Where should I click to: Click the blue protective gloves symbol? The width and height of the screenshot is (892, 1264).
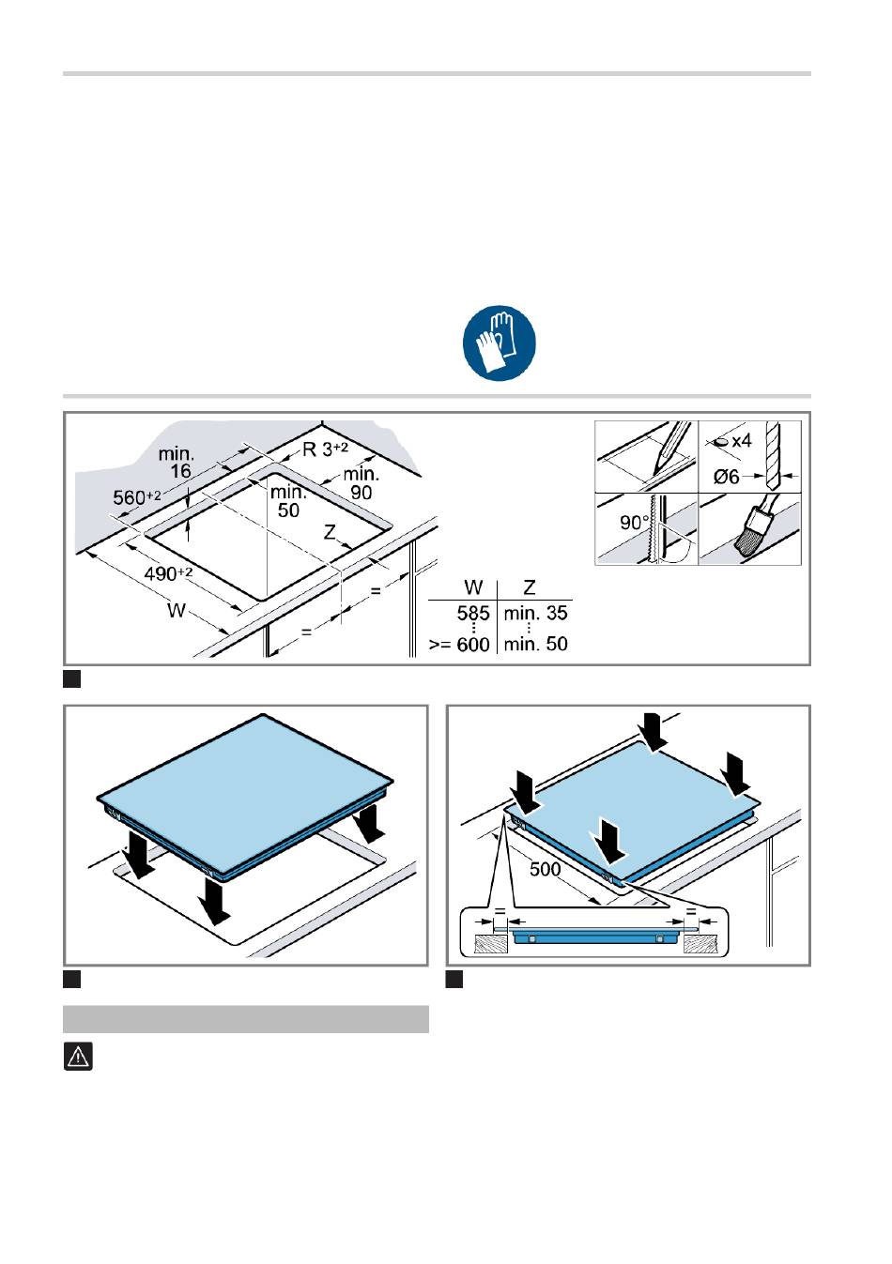500,343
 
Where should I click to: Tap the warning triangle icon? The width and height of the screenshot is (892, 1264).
78,1057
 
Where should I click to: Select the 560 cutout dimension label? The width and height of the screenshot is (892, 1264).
137,497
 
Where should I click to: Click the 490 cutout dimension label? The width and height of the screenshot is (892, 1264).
168,574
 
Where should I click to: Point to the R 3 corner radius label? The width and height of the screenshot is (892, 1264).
325,449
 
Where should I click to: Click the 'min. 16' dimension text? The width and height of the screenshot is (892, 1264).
177,462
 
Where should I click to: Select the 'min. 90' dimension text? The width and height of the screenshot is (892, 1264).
361,483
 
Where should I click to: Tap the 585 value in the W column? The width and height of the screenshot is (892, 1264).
473,614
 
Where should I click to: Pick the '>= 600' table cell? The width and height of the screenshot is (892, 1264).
459,645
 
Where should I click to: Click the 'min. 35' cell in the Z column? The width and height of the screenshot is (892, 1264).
535,614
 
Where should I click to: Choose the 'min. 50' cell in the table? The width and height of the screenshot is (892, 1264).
535,645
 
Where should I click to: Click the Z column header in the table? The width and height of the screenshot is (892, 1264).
529,588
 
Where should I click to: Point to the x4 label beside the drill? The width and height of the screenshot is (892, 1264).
742,441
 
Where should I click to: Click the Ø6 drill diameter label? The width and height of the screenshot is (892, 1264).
727,477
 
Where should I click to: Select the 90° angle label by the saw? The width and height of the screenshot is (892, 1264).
634,522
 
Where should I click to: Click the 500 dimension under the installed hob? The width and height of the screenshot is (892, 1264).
546,869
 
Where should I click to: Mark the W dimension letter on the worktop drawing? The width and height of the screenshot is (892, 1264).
177,610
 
